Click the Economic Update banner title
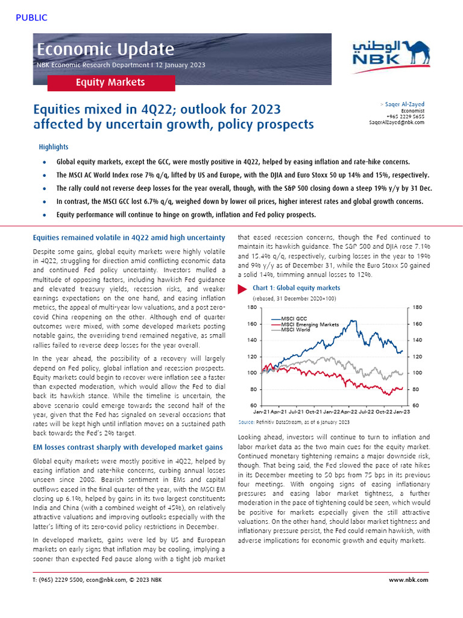point(106,49)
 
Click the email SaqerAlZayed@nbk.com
point(396,122)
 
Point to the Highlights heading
point(54,147)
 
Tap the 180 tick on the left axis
point(252,308)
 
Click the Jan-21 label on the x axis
point(261,412)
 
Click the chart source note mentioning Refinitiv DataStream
point(294,422)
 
